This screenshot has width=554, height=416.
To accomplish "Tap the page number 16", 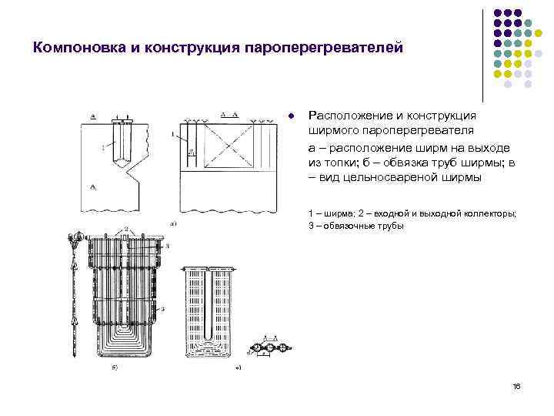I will [x=516, y=385].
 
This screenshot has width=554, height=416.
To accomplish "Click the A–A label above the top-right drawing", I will [x=227, y=114].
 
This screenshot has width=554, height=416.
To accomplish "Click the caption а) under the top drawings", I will [x=174, y=224].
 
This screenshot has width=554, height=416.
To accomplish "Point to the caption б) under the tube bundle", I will [x=115, y=367].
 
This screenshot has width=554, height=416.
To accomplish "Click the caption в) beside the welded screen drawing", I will [x=239, y=367].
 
